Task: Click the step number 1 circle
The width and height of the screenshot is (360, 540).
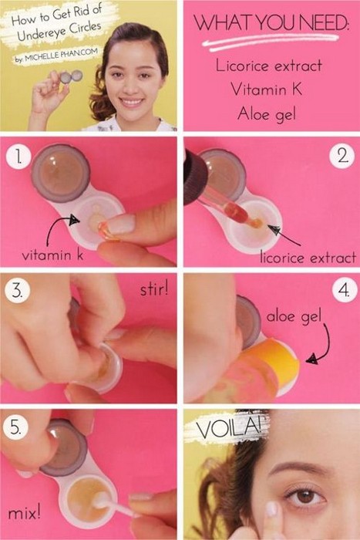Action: [19, 157]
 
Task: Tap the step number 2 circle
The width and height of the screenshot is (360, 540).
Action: [341, 156]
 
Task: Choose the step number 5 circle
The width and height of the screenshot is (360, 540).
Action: [15, 427]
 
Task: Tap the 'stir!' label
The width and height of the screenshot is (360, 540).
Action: [154, 289]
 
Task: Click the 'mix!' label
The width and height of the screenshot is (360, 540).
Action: [24, 513]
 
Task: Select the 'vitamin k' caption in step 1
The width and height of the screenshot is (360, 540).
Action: [52, 255]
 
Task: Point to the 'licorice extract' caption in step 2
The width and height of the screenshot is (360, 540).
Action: [308, 257]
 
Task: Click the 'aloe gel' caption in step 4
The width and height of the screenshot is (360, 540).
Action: [294, 316]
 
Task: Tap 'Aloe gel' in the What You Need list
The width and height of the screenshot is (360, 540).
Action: [267, 114]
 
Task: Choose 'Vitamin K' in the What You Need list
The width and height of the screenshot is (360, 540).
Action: [267, 89]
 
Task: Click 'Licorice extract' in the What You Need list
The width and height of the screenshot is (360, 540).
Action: [269, 65]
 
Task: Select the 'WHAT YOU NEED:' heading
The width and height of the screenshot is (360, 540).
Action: [271, 22]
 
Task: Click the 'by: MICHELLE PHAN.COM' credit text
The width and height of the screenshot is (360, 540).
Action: [56, 55]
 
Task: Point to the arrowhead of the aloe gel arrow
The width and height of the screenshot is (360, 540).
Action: [311, 359]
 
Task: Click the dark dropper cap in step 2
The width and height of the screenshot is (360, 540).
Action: [194, 177]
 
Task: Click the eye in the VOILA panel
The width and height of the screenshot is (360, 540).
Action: [304, 496]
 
